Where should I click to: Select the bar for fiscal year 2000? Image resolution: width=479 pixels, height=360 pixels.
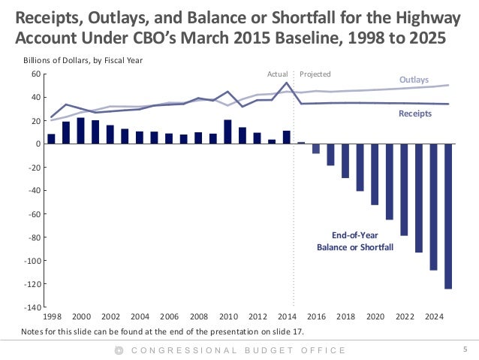(x=80, y=131)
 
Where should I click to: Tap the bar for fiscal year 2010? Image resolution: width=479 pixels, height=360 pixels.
(x=227, y=132)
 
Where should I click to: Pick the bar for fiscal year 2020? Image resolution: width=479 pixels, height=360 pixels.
(x=375, y=174)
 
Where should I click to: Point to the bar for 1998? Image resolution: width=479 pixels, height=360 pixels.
(x=51, y=139)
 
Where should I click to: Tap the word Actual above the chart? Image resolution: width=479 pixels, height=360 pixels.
(x=277, y=74)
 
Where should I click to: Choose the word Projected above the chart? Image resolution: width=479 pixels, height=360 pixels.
(x=315, y=74)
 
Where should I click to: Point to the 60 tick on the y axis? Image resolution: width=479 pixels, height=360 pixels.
(x=35, y=74)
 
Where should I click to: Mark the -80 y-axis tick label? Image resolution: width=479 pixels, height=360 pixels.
(x=33, y=237)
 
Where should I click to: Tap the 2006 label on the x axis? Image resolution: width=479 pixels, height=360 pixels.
(x=168, y=317)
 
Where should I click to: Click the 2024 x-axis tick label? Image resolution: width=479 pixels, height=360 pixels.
(x=433, y=317)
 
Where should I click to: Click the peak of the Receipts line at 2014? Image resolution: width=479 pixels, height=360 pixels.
(x=286, y=83)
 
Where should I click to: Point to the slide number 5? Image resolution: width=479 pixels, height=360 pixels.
(x=465, y=349)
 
